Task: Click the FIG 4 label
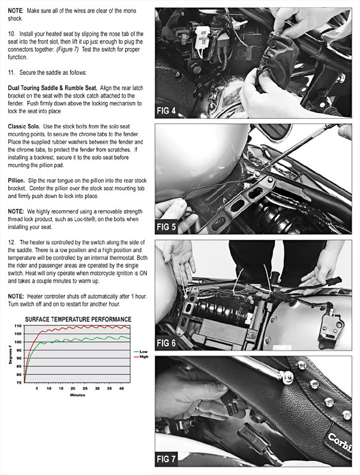[x=166, y=111]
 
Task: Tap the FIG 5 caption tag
[x=166, y=227]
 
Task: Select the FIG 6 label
[x=166, y=343]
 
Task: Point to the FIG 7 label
[x=166, y=459]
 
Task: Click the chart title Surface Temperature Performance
[x=78, y=319]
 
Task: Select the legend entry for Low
[x=141, y=352]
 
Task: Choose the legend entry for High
[x=141, y=356]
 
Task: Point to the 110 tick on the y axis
[x=18, y=326]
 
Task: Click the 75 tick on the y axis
[x=19, y=382]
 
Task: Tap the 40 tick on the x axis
[x=121, y=388]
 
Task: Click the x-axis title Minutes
[x=77, y=395]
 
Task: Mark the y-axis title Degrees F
[x=10, y=354]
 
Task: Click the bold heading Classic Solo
[x=24, y=126]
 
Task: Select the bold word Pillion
[x=17, y=181]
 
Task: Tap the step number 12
[x=11, y=243]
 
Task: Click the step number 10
[x=11, y=34]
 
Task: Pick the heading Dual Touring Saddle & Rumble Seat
[x=53, y=88]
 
